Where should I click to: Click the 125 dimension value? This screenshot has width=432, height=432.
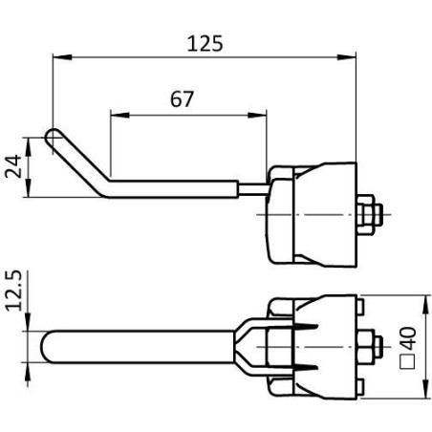(x=205, y=44)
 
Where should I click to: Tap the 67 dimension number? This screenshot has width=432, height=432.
(x=182, y=99)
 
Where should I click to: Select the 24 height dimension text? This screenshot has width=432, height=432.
(x=13, y=166)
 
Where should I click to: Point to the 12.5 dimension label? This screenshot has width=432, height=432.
(x=13, y=291)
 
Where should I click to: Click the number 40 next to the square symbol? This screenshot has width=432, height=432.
(x=408, y=338)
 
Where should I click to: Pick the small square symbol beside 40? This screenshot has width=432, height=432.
(x=408, y=361)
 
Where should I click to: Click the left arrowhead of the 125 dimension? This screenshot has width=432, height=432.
(x=62, y=57)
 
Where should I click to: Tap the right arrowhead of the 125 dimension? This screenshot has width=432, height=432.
(x=346, y=57)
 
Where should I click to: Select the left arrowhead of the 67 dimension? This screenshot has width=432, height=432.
(x=119, y=115)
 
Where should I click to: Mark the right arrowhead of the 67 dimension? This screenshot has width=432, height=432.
(x=257, y=115)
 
